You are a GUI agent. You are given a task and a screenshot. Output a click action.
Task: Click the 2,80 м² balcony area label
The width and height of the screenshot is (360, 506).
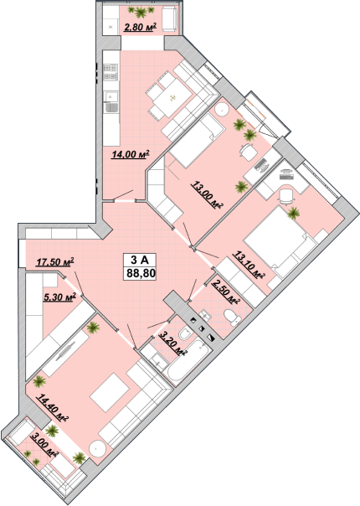(140, 27)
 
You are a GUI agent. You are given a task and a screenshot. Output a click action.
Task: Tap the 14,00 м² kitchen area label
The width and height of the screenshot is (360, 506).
(131, 154)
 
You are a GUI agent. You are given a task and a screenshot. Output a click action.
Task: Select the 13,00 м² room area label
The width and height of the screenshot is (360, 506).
(208, 194)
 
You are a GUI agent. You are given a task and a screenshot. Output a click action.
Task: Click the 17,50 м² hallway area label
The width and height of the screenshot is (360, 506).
(55, 261)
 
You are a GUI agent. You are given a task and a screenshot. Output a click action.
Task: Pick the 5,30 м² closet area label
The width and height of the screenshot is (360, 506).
(59, 297)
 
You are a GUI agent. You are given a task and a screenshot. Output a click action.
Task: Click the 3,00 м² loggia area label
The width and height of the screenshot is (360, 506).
(44, 446)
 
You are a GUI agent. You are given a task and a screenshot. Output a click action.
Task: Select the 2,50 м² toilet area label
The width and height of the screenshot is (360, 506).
(226, 292)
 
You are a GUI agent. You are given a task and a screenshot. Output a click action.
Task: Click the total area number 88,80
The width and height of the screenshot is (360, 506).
(141, 274)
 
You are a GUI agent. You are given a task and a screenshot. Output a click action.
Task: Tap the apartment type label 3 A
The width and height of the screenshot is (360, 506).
(139, 260)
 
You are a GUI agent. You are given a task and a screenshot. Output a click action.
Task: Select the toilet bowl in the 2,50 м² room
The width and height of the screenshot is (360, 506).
(232, 317)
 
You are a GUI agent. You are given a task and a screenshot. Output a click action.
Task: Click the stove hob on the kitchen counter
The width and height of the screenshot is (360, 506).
(111, 72)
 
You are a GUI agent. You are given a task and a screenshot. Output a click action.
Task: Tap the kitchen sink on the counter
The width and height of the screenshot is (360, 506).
(111, 102)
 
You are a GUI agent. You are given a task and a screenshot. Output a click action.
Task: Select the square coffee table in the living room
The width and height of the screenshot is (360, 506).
(110, 392)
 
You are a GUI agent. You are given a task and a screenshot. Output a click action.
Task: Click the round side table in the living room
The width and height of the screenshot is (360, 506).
(97, 449)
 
